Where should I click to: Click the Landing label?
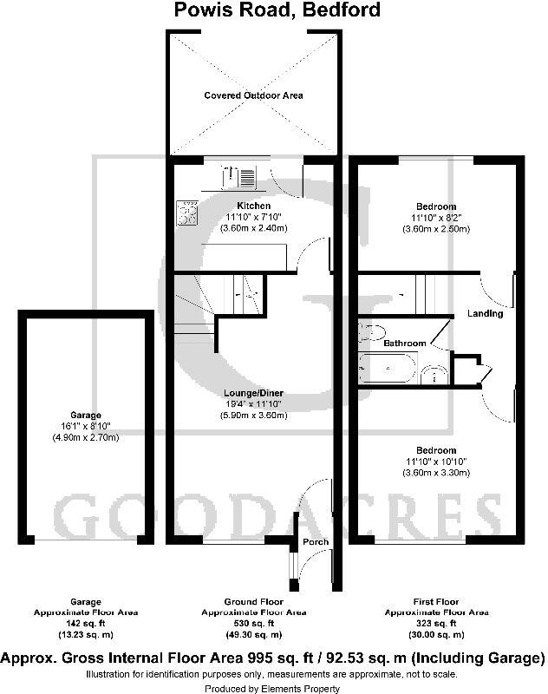(x=485, y=313)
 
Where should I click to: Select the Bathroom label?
(x=405, y=344)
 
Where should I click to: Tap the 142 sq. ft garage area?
(x=86, y=623)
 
